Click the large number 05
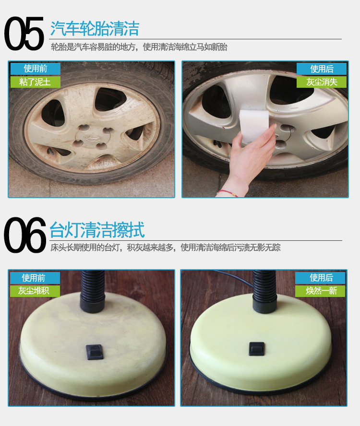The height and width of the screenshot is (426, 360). (24, 33)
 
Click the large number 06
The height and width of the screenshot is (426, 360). (25, 235)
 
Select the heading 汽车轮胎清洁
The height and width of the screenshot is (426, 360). (95, 28)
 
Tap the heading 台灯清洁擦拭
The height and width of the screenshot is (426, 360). (97, 230)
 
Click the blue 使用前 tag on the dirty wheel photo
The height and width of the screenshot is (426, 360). (36, 69)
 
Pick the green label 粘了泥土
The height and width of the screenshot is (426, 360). (36, 82)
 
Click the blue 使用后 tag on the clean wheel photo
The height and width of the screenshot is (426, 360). (322, 69)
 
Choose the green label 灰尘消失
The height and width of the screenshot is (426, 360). (322, 82)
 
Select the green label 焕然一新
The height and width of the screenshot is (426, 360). (320, 291)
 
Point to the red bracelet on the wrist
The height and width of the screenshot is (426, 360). (228, 193)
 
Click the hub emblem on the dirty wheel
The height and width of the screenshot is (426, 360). (92, 137)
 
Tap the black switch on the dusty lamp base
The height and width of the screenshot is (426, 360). (95, 352)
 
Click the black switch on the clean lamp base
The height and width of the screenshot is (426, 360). (257, 349)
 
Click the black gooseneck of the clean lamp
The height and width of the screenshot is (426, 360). (264, 291)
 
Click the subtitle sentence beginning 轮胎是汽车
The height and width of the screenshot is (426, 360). (139, 47)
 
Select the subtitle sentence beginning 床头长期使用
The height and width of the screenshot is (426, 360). (165, 248)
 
